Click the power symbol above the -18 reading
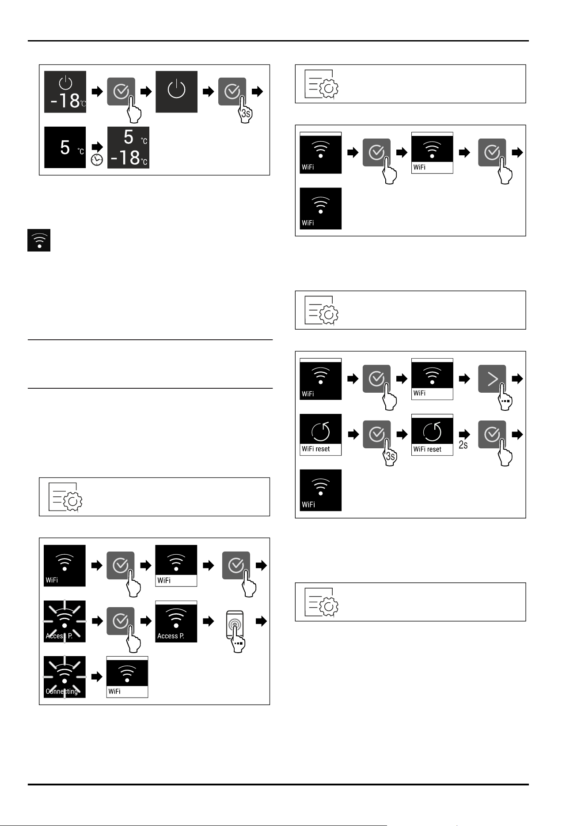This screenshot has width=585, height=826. (65, 83)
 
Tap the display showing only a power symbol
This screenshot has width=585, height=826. (176, 92)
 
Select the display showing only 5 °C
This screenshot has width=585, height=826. (65, 147)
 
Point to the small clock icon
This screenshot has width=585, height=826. (97, 160)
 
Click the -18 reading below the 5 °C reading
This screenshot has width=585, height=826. (129, 158)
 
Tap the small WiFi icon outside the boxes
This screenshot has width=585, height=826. (39, 240)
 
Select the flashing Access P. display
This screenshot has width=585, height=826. (65, 621)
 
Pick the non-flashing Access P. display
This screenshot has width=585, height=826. (176, 621)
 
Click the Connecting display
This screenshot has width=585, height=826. (65, 677)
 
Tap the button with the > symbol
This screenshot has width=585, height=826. (492, 379)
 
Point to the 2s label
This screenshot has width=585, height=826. (463, 445)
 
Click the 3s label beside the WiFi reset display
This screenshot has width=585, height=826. (391, 457)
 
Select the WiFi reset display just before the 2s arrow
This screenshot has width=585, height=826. (432, 435)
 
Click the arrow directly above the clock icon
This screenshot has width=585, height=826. (97, 147)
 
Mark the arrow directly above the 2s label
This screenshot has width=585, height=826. (464, 434)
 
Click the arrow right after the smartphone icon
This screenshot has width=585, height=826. (262, 621)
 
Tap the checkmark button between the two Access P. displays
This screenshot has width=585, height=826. (121, 621)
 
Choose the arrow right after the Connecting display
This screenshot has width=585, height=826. (97, 677)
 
